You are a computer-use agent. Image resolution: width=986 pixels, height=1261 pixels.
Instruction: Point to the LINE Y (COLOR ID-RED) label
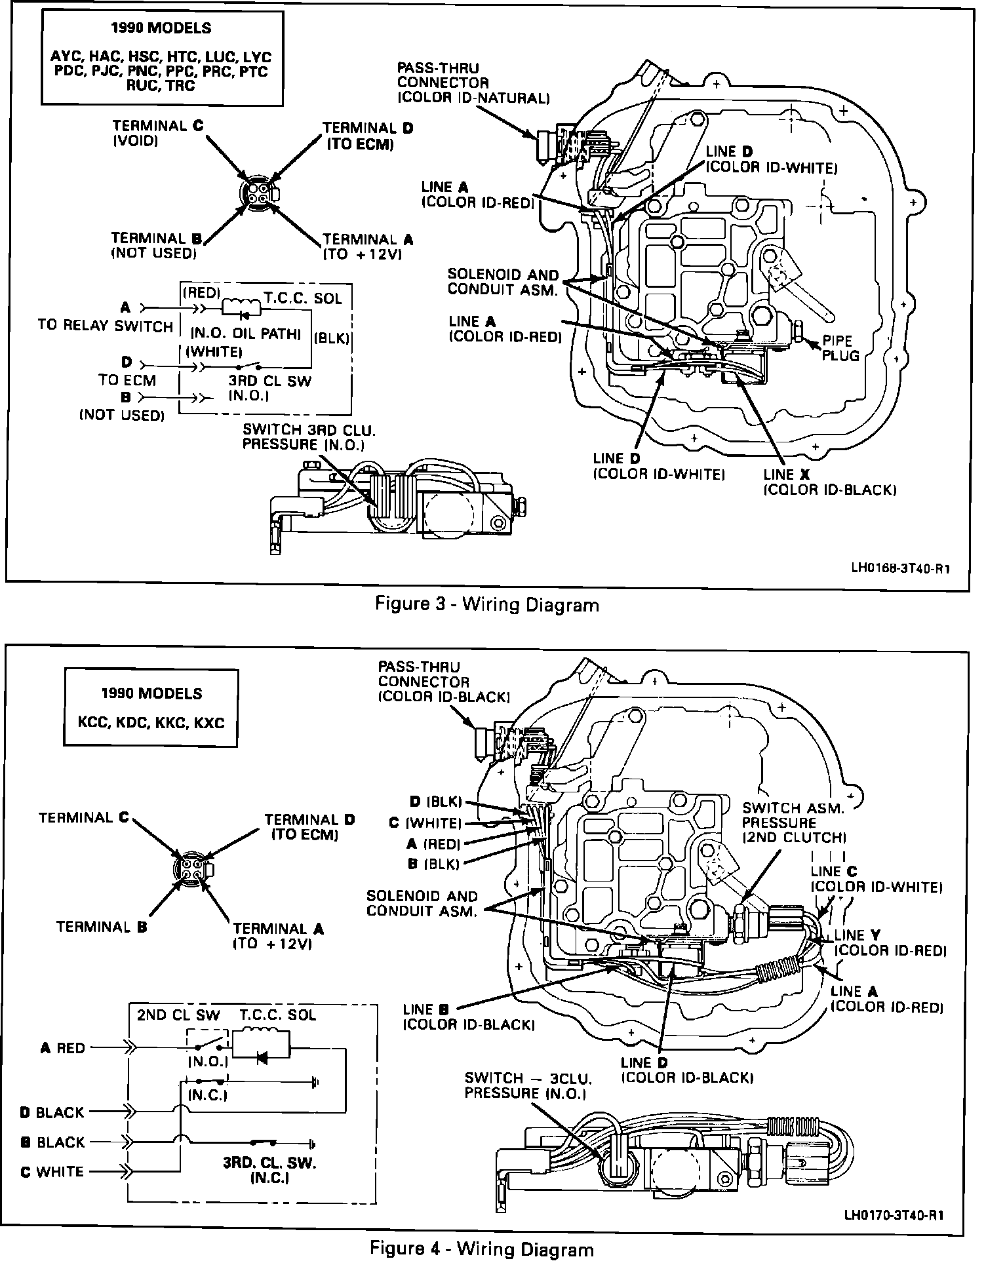click(888, 942)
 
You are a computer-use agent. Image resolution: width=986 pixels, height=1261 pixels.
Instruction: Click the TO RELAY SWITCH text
click(105, 326)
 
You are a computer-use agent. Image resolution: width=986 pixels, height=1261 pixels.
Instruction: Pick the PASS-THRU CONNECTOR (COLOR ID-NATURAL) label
click(472, 83)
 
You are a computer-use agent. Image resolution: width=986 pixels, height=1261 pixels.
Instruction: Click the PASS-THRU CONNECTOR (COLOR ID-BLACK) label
click(444, 682)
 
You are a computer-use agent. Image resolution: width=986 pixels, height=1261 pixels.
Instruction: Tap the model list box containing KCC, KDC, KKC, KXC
click(151, 707)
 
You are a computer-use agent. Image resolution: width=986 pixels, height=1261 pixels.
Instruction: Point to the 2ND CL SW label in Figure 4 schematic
click(178, 1015)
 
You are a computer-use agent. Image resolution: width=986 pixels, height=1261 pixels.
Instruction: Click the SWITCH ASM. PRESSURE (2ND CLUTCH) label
click(794, 823)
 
